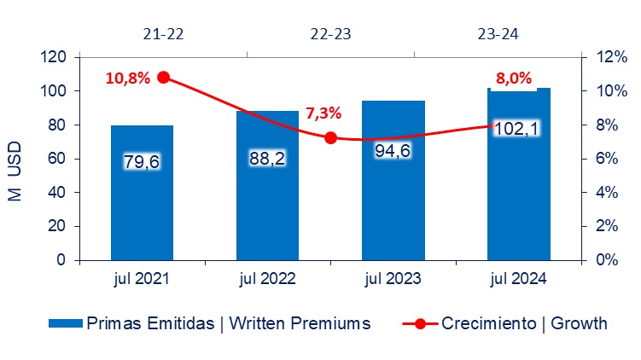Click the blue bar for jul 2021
coord(142,193)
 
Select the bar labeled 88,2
coord(267,185)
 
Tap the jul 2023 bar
coord(393,180)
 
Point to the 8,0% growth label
coord(514,78)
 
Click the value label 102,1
coord(516,128)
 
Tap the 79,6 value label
coord(142,162)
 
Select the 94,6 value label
coord(393,151)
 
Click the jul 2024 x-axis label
coord(518,279)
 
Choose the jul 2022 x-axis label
coord(267,279)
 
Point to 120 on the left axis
coord(53,57)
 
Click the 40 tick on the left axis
coord(57,192)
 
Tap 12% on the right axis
coord(612,57)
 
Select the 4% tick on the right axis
coord(607,192)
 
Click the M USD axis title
coord(15,171)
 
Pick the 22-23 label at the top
coord(330,34)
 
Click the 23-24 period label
coord(498,34)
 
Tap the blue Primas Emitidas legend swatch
coord(66,323)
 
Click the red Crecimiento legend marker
coord(420,323)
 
